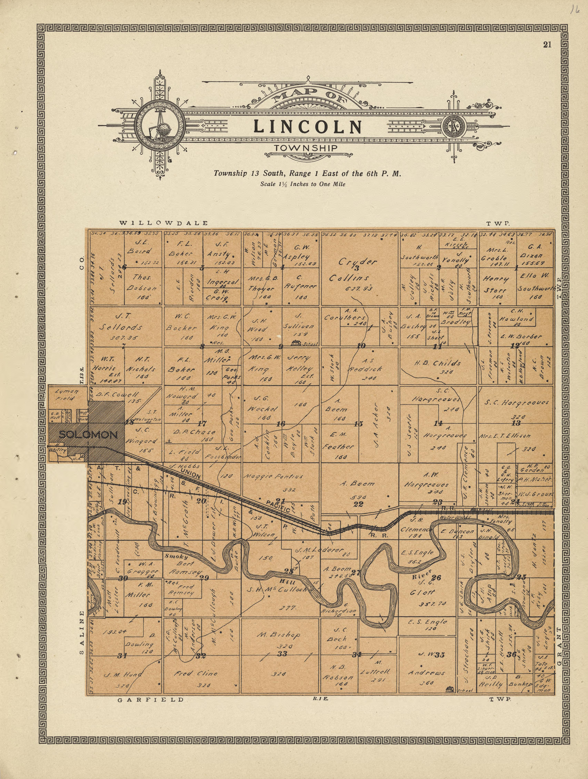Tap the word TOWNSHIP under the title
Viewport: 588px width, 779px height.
point(306,148)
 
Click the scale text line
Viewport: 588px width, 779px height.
point(303,184)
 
